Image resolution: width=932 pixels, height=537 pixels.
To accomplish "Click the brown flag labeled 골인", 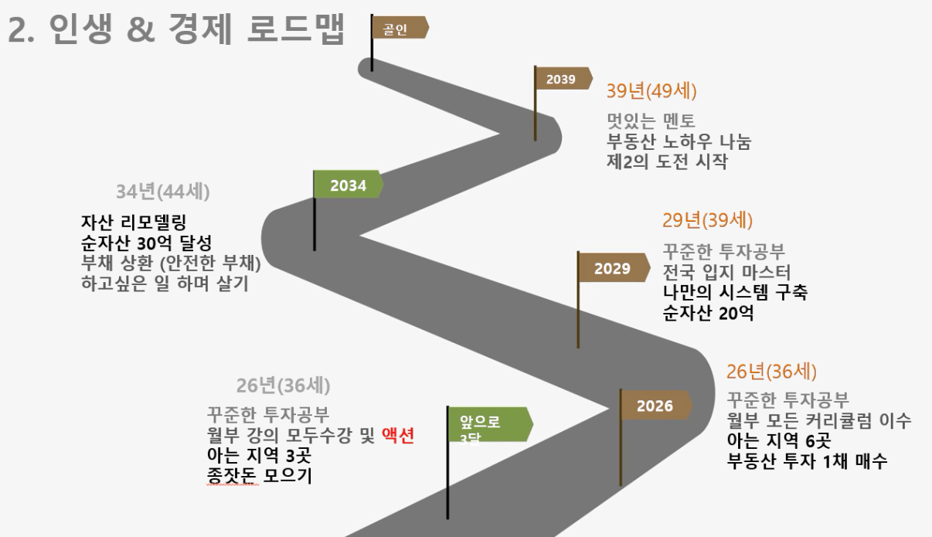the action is pyautogui.click(x=400, y=28).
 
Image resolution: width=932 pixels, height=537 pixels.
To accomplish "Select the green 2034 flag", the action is pyautogui.click(x=349, y=184).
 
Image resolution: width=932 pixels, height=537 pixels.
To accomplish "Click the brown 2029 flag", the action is pyautogui.click(x=614, y=267).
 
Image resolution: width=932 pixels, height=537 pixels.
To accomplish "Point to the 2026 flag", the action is pyautogui.click(x=657, y=405).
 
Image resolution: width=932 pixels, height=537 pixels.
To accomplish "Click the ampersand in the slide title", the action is pyautogui.click(x=141, y=29).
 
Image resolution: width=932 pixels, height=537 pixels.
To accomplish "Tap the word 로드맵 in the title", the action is pyautogui.click(x=296, y=29).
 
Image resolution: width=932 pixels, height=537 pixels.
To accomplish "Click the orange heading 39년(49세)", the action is pyautogui.click(x=651, y=91).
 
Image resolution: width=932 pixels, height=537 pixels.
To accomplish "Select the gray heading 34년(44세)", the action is pyautogui.click(x=163, y=192).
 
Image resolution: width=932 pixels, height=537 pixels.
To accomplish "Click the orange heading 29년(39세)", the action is pyautogui.click(x=707, y=220).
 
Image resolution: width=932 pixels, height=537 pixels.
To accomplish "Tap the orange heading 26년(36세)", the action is pyautogui.click(x=771, y=372).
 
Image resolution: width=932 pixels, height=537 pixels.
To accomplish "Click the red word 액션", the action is pyautogui.click(x=398, y=435).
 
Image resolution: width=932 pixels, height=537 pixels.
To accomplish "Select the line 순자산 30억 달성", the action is pyautogui.click(x=147, y=243).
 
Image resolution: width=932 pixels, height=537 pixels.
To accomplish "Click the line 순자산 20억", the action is pyautogui.click(x=708, y=313).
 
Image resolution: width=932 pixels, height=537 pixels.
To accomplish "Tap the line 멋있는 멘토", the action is pyautogui.click(x=651, y=121).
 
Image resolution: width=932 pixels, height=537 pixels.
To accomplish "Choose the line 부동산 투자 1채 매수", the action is pyautogui.click(x=807, y=461).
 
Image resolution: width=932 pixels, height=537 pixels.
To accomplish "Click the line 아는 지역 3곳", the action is pyautogui.click(x=259, y=455).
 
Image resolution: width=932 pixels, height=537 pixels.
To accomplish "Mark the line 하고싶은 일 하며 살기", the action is pyautogui.click(x=165, y=284).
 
